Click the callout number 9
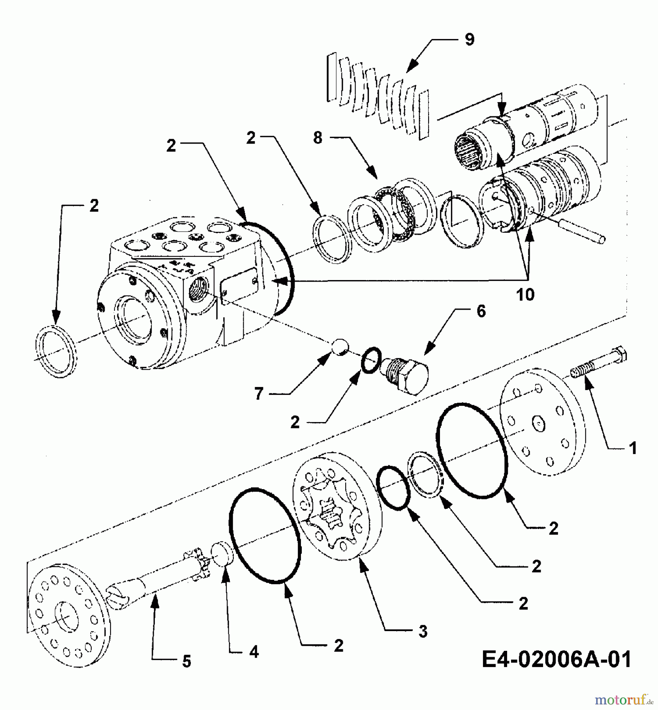pos(469,40)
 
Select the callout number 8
pos(318,138)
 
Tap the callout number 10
pos(525,294)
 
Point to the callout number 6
pos(481,311)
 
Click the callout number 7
pos(259,394)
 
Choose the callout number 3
pos(423,632)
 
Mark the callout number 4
pos(254,652)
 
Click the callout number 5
pos(186,661)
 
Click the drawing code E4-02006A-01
pos(556,660)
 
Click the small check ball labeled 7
pos(339,347)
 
